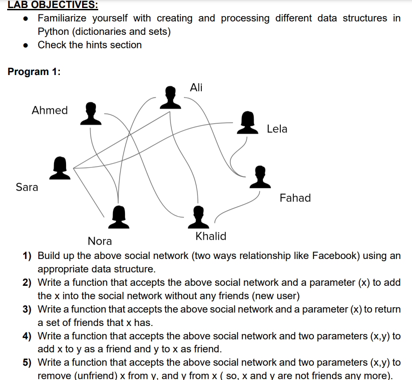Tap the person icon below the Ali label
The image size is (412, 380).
point(171,98)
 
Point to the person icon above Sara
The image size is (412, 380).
point(60,167)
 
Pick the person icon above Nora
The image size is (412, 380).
point(119,217)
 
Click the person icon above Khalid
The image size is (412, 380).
point(198,217)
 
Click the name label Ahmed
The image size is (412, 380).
point(50,110)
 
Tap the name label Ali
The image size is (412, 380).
point(196,88)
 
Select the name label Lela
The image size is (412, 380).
point(277,129)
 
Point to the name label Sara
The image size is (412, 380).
point(27,187)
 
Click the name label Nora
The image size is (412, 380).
point(100,241)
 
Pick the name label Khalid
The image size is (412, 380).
point(211,236)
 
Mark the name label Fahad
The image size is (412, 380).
point(295,198)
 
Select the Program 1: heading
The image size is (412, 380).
point(34,71)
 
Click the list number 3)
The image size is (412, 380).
point(27,309)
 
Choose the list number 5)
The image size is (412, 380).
point(27,363)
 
